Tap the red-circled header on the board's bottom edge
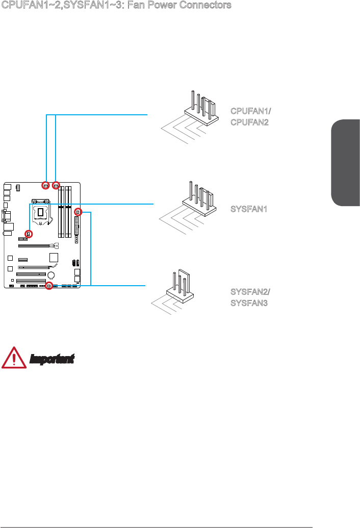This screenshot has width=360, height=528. pyautogui.click(x=49, y=286)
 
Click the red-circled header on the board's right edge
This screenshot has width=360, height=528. pyautogui.click(x=78, y=212)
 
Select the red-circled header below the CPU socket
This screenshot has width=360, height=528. pyautogui.click(x=28, y=234)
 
